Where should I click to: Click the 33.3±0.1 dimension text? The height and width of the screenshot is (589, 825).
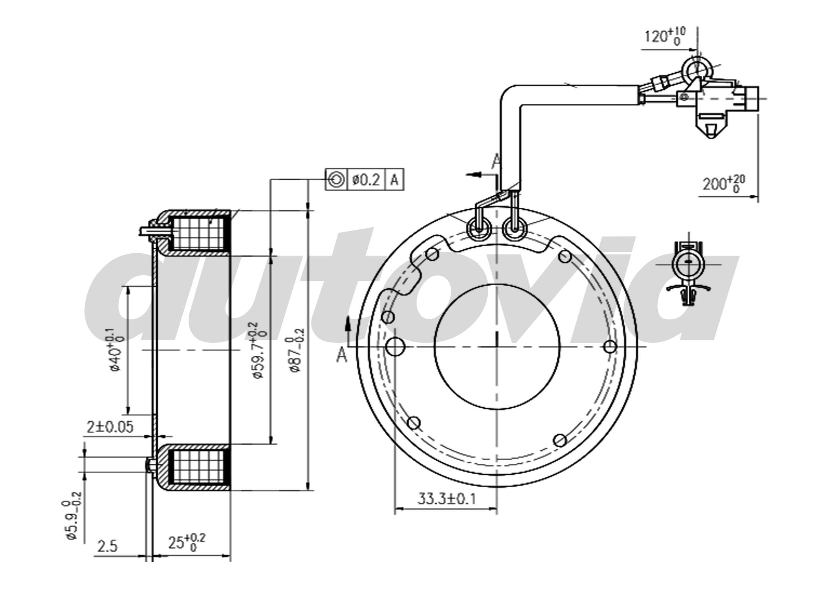coord(446,499)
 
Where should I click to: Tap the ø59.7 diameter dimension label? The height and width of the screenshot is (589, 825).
coord(260,350)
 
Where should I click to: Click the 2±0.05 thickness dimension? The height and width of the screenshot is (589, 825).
coord(110,426)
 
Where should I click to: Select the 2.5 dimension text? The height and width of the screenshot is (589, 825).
coord(107,546)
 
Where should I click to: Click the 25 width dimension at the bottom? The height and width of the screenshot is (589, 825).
coord(187,542)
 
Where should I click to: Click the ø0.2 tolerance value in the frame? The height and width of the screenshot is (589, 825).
coord(366,180)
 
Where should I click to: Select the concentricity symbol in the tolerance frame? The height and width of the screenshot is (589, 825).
coord(336,180)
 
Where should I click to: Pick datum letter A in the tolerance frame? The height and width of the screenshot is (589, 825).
coord(395,180)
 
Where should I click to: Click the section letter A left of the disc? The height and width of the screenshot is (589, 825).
coord(342,355)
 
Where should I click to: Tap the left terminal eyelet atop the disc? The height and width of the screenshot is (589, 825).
coord(478,229)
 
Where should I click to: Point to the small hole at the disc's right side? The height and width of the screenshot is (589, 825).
coord(610,347)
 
